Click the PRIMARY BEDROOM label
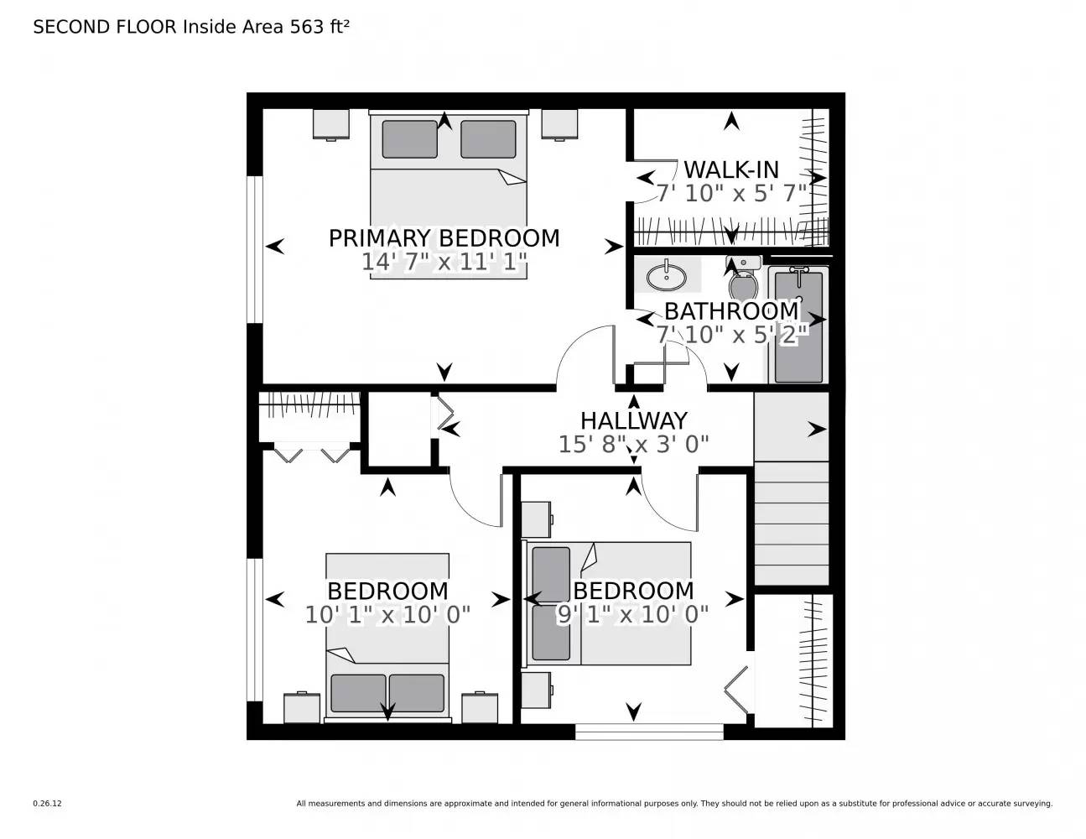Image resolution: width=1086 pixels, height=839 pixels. pos(444,238)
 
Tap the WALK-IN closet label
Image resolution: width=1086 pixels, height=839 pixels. pos(730,169)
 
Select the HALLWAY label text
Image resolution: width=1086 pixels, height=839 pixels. pos(633,420)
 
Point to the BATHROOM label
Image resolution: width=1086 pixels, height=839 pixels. pos(731,310)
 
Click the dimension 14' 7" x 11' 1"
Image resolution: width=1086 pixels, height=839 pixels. pos(444,263)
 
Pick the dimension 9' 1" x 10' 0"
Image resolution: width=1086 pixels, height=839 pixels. pos(633,615)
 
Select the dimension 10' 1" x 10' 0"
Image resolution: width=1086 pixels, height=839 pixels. pos(387,615)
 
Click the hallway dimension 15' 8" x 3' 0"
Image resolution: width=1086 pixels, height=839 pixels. pos(633,444)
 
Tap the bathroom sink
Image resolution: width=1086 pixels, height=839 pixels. pos(667,275)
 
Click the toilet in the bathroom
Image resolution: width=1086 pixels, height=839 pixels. pos(744,279)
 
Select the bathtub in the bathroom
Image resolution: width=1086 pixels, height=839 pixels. pos(798,326)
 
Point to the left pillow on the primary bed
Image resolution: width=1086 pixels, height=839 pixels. pos(409,139)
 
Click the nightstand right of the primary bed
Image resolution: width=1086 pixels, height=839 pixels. pos(559,124)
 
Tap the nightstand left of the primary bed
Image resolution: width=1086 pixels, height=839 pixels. pos(331,124)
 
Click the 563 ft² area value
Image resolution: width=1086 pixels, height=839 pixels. pos(319,27)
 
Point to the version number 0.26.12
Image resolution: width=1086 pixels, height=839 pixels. pos(48,803)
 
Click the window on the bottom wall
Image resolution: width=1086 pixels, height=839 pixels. pos(649,732)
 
